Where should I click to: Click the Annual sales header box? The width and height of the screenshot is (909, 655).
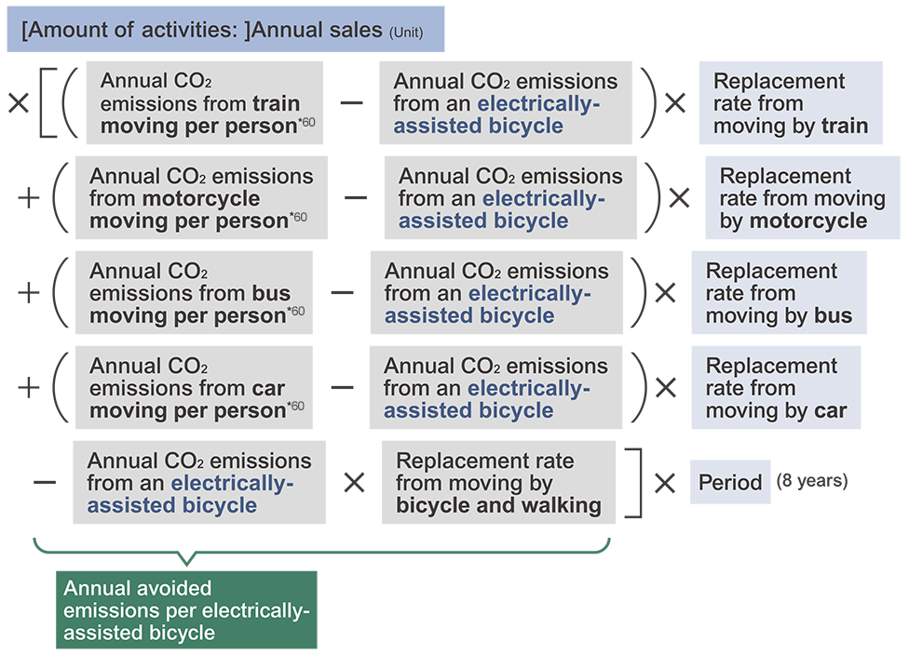(x=225, y=30)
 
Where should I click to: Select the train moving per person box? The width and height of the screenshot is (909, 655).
(x=205, y=102)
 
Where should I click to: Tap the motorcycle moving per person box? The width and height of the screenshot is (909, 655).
(x=201, y=197)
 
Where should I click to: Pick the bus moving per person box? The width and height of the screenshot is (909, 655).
(x=194, y=292)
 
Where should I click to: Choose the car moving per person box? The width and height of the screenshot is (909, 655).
(x=194, y=387)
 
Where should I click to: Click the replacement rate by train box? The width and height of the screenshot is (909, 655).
(x=791, y=102)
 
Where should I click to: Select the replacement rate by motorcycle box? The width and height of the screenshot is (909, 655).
(x=802, y=197)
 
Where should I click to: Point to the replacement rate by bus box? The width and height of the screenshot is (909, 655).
(x=780, y=292)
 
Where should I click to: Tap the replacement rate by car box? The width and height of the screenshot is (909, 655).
(x=776, y=387)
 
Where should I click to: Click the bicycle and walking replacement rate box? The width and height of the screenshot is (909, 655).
(x=498, y=483)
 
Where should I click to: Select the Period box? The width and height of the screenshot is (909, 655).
(x=730, y=482)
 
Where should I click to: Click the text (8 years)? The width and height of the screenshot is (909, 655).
(x=812, y=481)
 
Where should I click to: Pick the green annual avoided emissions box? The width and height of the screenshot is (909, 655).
(x=186, y=609)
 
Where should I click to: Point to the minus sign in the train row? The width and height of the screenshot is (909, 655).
(x=351, y=103)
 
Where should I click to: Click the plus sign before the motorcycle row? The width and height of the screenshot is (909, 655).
(x=29, y=198)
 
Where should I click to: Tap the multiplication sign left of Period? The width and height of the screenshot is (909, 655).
(x=665, y=483)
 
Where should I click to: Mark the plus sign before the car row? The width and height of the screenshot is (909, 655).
(x=29, y=388)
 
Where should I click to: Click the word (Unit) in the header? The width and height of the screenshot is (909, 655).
(x=406, y=33)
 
